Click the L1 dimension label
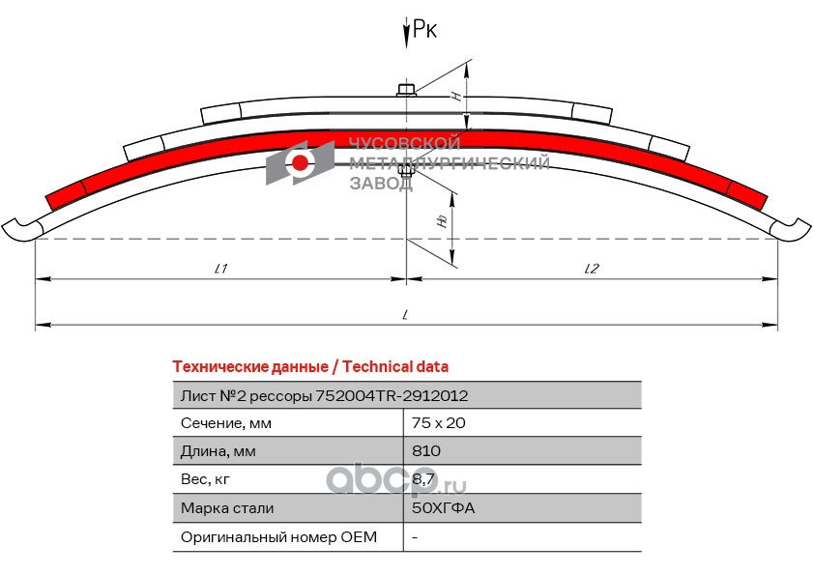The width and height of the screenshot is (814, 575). (x=220, y=270)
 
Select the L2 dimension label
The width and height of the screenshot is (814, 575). (x=592, y=270)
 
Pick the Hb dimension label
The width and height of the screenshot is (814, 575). (x=442, y=220)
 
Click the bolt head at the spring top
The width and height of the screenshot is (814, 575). (x=407, y=91)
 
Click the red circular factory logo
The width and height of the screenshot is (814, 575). (x=301, y=162)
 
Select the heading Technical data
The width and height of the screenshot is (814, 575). (x=309, y=367)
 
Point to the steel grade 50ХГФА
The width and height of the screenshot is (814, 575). (x=443, y=508)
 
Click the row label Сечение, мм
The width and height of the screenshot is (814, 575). (x=226, y=423)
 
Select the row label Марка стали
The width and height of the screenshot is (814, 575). (x=227, y=508)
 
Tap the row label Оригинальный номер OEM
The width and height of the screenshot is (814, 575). (x=278, y=536)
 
